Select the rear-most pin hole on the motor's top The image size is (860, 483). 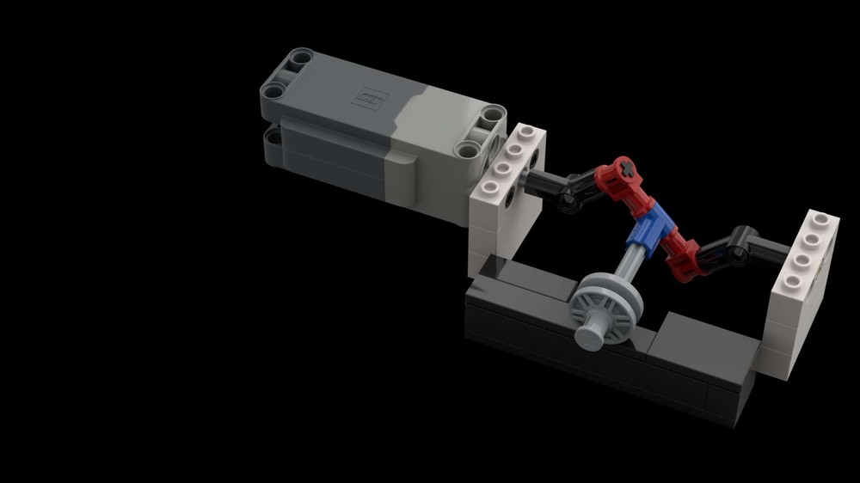pos(298,59)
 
